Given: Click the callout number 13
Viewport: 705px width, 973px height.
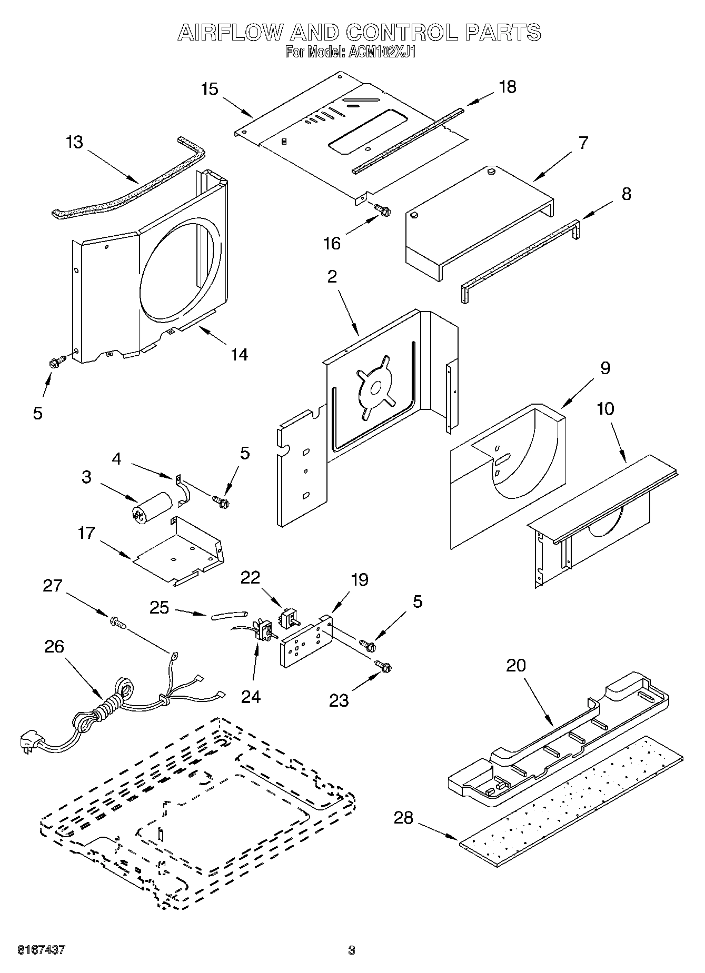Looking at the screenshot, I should [75, 143].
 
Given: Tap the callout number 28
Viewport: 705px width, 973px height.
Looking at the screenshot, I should [403, 818].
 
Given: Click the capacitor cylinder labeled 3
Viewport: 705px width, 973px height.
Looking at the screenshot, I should [152, 507].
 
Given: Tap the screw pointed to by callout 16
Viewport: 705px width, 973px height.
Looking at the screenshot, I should [382, 209].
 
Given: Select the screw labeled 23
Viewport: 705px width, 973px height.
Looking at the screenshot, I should [383, 666].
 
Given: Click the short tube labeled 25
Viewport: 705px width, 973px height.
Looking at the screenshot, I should [229, 614].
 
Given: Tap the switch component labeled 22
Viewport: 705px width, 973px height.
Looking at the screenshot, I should [288, 617].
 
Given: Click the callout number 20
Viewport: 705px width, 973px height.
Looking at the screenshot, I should [516, 665].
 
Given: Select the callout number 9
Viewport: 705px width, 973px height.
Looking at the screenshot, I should [605, 368].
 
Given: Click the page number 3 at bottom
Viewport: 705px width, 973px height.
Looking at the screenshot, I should [352, 950].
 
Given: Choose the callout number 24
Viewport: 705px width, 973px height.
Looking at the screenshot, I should [251, 696].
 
